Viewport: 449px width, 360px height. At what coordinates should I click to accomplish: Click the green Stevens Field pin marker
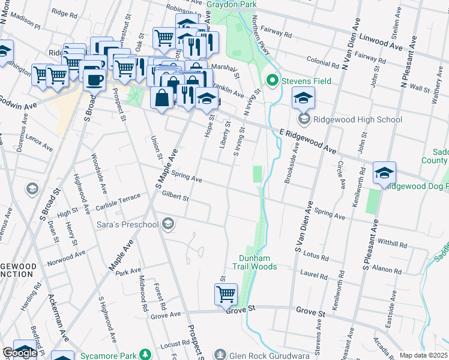coord(272,79)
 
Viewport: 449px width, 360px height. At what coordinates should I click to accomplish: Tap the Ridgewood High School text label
coord(358,119)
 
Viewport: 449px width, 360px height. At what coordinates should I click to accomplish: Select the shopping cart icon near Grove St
coord(226,294)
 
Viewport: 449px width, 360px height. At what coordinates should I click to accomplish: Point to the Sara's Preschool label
coord(127,225)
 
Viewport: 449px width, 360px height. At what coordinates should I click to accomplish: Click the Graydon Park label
coord(231,4)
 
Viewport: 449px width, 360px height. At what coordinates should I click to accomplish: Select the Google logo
coord(20,353)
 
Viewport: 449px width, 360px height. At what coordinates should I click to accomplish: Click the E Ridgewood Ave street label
coord(307,139)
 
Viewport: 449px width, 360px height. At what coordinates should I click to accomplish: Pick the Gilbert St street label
coord(175,197)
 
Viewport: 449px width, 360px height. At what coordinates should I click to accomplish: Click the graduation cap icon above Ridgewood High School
coord(303,97)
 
